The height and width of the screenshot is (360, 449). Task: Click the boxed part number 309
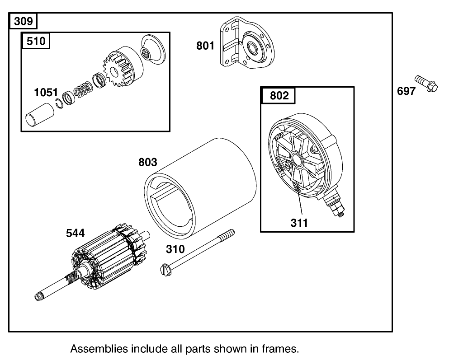point(23,21)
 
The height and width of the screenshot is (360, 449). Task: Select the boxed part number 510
point(36,41)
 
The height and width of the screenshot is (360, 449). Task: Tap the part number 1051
point(46,93)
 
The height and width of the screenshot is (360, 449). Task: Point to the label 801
point(205,46)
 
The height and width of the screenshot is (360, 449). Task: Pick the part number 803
point(148,162)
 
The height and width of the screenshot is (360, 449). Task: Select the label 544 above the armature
point(75,233)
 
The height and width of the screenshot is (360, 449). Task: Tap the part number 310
point(175,249)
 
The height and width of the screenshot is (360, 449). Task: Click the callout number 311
point(299,222)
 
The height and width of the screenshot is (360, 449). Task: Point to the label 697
point(406,91)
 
